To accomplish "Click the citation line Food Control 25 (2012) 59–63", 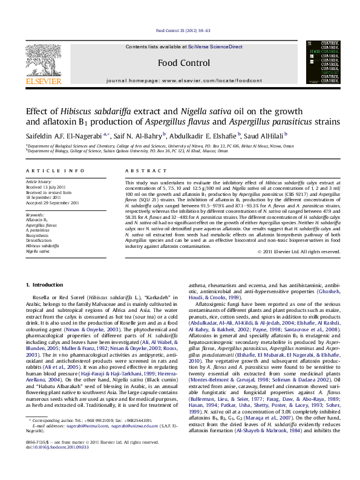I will point(183,30).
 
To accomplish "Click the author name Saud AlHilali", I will point(265,135).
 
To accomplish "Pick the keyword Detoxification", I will point(41,241).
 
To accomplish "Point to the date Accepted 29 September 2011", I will point(54,203).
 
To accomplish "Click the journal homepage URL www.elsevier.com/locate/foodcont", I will point(212,80).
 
